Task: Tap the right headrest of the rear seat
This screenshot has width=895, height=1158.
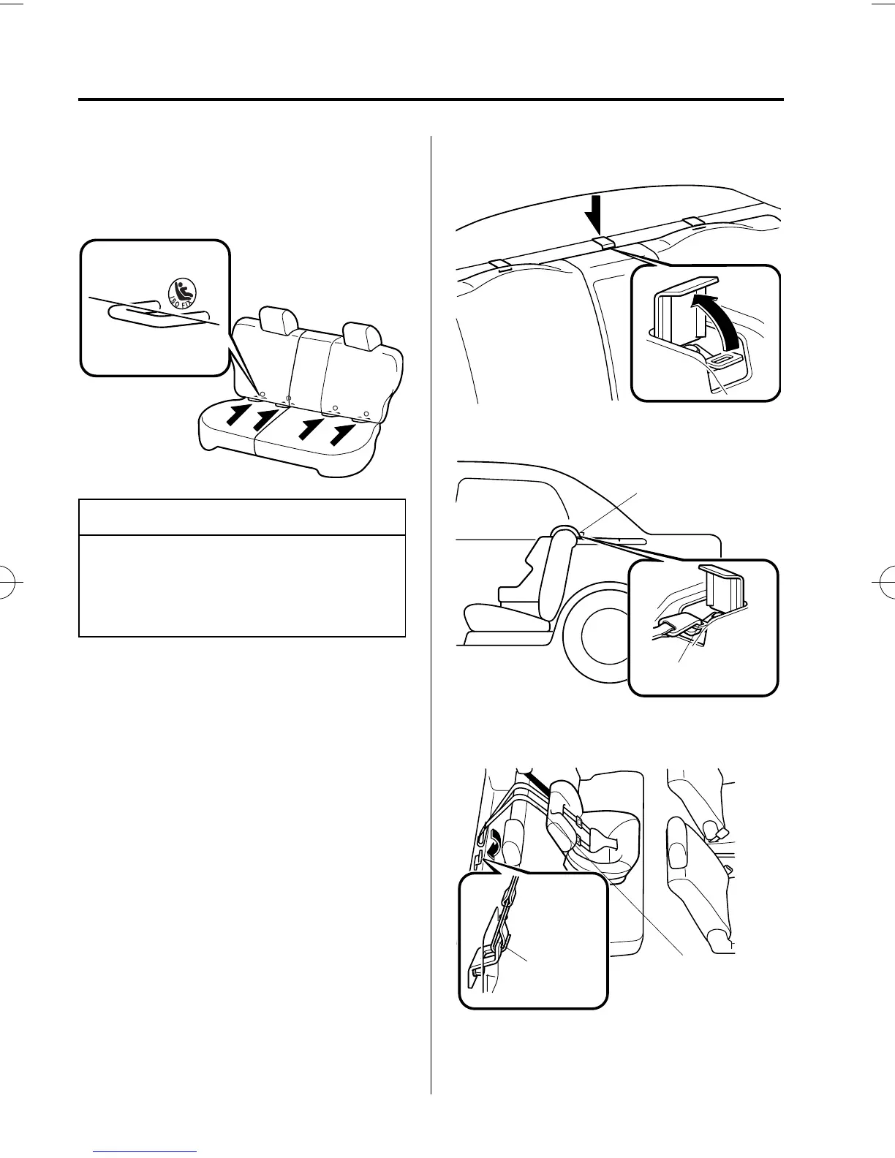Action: (x=361, y=335)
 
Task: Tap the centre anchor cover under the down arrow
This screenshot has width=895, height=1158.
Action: (x=603, y=243)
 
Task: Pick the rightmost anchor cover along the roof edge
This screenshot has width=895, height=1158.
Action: (x=692, y=221)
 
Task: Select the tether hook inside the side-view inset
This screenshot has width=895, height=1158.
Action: (x=679, y=624)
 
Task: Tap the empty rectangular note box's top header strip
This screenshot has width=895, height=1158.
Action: (x=242, y=517)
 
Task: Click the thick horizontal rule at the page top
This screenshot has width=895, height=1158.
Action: (x=431, y=99)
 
